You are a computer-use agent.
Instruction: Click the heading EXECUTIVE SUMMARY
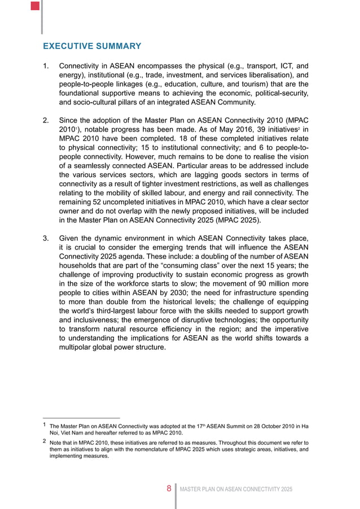(x=92, y=46)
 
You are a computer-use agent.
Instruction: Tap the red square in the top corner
(x=35, y=6)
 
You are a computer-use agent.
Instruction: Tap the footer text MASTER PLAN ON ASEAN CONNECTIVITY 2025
(x=236, y=488)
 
